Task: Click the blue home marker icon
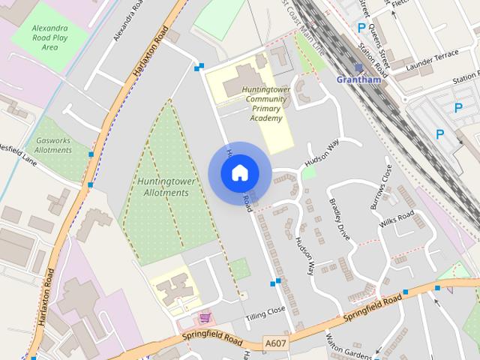[239, 173]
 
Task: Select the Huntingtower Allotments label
[163, 187]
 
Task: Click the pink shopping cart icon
[204, 319]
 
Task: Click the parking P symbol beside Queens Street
[361, 28]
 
